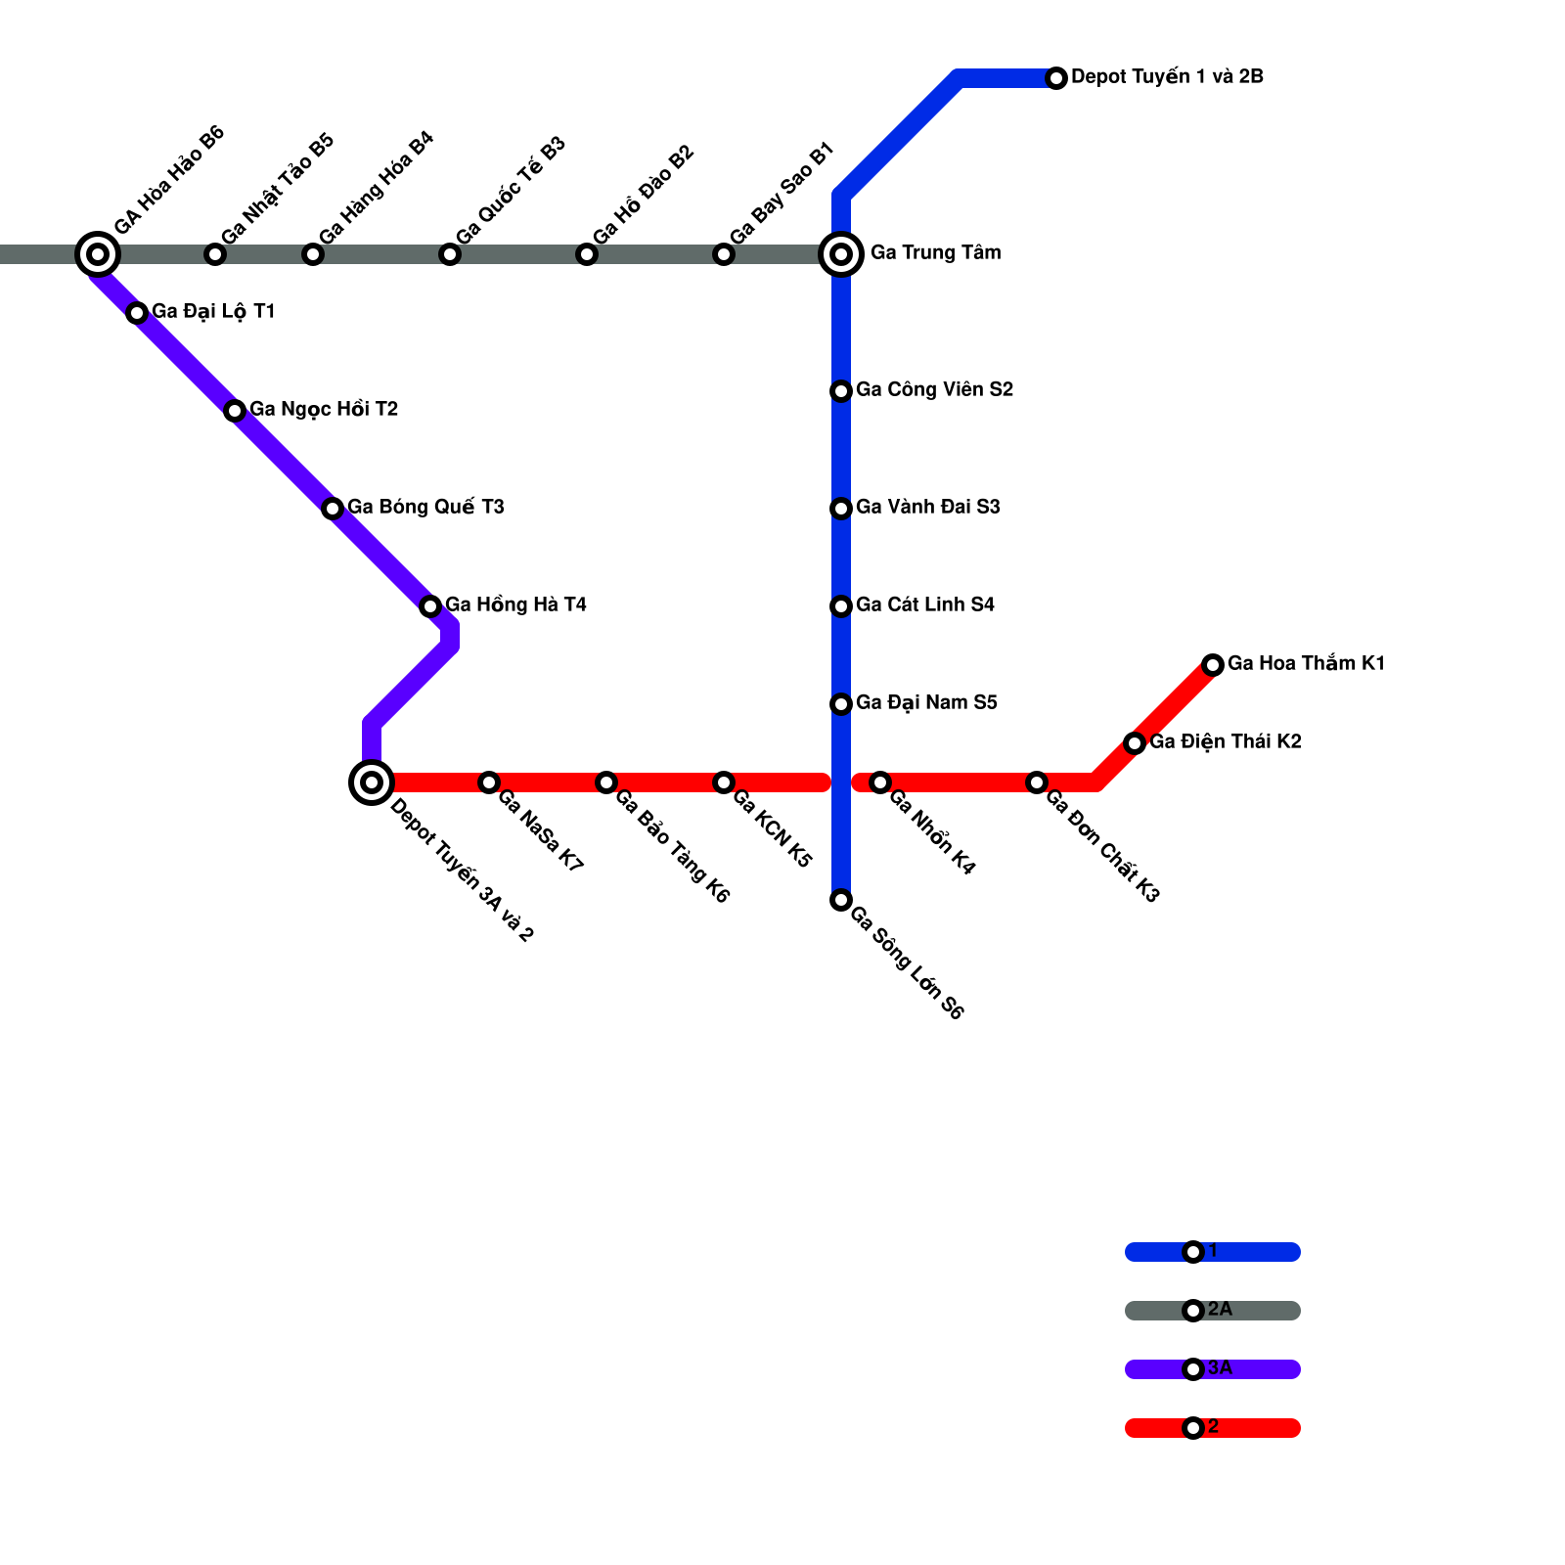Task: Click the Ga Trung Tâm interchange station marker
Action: [841, 254]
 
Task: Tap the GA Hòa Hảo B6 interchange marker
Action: [98, 254]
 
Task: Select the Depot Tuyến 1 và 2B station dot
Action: [1056, 78]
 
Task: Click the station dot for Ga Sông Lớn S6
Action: [841, 900]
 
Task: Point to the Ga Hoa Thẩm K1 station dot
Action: [1213, 665]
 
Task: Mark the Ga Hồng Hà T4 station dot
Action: [430, 606]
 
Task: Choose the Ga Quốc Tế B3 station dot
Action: [450, 254]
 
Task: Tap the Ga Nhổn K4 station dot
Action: [880, 782]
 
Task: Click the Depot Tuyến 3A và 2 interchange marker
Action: [372, 782]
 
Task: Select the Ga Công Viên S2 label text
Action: [934, 390]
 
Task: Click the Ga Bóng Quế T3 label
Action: [425, 508]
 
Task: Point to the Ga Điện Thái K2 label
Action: [1225, 742]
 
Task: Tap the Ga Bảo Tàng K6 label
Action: [672, 845]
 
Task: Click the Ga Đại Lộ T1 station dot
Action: [137, 313]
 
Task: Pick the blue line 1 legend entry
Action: [1213, 1252]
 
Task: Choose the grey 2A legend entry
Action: [1213, 1311]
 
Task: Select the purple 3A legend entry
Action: [1213, 1369]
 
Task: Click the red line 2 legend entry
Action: [1213, 1428]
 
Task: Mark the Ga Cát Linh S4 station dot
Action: [841, 606]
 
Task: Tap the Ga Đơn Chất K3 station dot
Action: [1037, 782]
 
